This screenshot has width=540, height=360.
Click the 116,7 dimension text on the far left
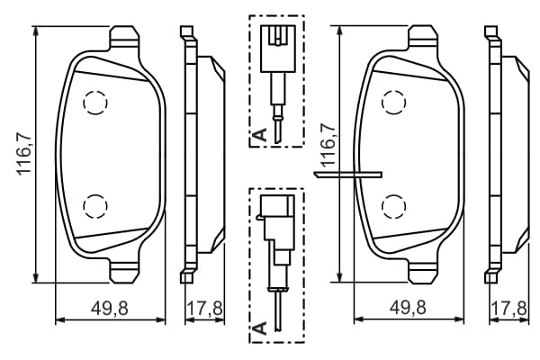[x=25, y=154]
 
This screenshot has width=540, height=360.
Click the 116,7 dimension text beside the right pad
[x=328, y=145]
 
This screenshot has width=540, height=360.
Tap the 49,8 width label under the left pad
[x=110, y=308]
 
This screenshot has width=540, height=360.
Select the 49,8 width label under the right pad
[x=408, y=307]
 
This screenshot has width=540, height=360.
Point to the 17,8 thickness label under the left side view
[x=204, y=308]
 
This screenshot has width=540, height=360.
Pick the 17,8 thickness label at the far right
[x=508, y=308]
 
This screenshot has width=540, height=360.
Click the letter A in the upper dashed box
[x=260, y=134]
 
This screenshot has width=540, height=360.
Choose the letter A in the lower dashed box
[x=260, y=328]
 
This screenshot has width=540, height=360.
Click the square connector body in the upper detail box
[x=278, y=49]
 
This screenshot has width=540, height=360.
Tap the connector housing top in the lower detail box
[x=277, y=204]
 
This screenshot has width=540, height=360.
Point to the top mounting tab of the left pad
[x=125, y=37]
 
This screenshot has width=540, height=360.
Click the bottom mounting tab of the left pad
[x=125, y=272]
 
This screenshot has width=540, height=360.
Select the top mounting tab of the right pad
[x=423, y=37]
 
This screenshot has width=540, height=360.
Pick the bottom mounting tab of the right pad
[x=423, y=272]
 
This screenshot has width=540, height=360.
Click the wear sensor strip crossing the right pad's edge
[x=347, y=175]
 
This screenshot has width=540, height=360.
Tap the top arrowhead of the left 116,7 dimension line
[x=35, y=31]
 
